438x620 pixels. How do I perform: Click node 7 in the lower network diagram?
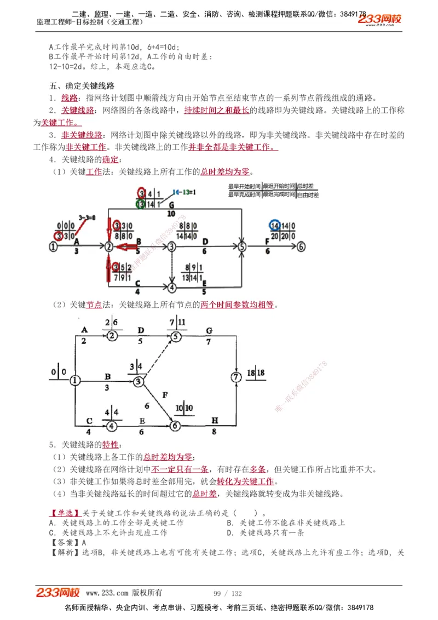click(236, 377)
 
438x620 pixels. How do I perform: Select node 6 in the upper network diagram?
click(301, 247)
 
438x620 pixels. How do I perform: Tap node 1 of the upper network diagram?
click(53, 247)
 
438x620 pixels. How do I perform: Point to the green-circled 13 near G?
click(141, 204)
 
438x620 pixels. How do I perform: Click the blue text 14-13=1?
click(185, 192)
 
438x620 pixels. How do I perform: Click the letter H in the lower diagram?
click(215, 420)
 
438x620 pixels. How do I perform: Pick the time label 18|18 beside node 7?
click(256, 373)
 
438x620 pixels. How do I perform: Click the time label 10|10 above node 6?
click(184, 408)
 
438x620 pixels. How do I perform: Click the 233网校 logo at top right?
click(380, 20)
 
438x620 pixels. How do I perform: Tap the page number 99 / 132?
click(227, 593)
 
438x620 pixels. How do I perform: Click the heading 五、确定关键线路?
click(82, 86)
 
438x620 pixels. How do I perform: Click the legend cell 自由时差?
click(307, 194)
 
